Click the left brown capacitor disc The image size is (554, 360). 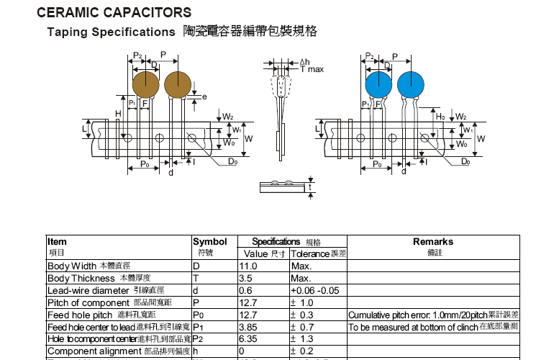[145, 84]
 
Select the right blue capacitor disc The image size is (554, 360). [411, 84]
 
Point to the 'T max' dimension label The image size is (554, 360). [312, 69]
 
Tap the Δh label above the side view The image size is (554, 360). [304, 62]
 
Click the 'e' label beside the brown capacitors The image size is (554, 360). [205, 96]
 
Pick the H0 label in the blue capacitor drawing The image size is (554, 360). [440, 115]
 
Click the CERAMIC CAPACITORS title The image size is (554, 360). [114, 12]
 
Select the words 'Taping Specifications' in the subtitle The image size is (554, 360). [111, 32]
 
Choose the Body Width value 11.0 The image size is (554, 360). [248, 266]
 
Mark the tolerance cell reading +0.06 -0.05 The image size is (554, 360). [314, 291]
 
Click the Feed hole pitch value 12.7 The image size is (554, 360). [248, 315]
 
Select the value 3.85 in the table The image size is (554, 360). [248, 328]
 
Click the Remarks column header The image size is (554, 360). [432, 242]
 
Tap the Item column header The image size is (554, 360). [57, 242]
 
